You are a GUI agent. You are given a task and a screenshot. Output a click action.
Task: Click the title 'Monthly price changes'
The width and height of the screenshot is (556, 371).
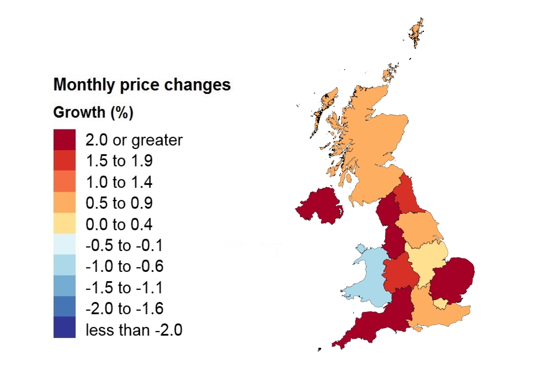[142, 85]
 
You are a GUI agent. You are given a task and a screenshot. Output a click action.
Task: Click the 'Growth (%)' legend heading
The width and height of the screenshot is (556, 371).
[93, 112]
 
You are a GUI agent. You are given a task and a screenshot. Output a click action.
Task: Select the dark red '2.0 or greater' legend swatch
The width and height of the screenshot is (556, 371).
[64, 140]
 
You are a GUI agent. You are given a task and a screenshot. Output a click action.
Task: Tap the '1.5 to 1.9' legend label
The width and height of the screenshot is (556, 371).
[119, 161]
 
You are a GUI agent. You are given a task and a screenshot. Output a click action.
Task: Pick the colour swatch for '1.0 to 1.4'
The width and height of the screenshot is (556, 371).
[64, 182]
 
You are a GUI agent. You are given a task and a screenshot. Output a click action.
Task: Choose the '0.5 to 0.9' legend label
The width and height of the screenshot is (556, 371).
[119, 203]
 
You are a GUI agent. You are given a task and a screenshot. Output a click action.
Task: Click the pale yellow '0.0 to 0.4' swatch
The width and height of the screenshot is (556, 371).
[64, 224]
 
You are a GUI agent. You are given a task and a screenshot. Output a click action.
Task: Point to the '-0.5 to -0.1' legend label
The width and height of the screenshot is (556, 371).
[125, 246]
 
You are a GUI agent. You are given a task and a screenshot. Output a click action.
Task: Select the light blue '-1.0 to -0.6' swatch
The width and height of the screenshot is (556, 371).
[64, 267]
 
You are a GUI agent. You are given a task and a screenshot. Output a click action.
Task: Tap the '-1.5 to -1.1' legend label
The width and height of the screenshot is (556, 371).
[125, 288]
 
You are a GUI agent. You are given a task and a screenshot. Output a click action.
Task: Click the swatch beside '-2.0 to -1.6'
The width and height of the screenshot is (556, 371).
[64, 309]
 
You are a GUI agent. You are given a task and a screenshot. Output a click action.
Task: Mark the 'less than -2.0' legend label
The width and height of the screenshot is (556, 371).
[134, 330]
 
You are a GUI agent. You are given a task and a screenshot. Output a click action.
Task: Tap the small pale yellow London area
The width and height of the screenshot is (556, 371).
[441, 303]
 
